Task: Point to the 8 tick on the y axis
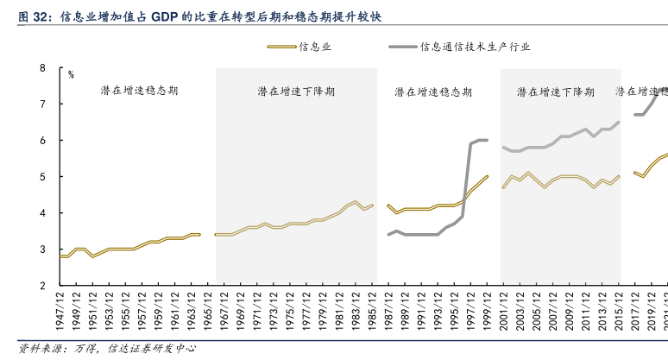click(x=42, y=67)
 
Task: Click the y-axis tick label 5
click(x=42, y=176)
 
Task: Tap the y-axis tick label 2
click(x=42, y=285)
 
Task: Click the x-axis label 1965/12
click(x=210, y=310)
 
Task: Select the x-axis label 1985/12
click(x=372, y=310)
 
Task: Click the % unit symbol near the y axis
click(x=72, y=76)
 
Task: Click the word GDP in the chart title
click(x=169, y=16)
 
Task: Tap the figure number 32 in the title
click(x=40, y=16)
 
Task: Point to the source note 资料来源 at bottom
click(x=36, y=349)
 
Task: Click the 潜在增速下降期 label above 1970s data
click(x=296, y=91)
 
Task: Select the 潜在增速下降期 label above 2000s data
click(x=556, y=91)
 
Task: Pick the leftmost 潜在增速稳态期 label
click(x=139, y=89)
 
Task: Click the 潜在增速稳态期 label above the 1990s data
click(x=433, y=91)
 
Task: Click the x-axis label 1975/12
click(x=291, y=310)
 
